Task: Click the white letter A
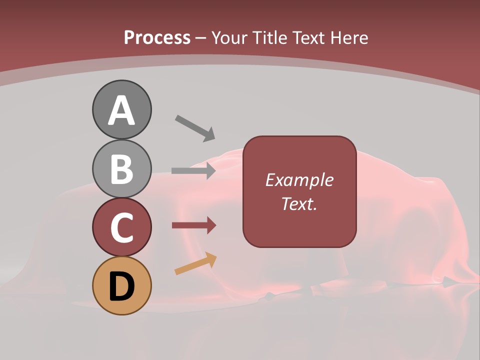pyautogui.click(x=121, y=110)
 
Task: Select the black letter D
pyautogui.click(x=121, y=286)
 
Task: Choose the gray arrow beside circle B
pyautogui.click(x=193, y=171)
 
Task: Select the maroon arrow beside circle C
pyautogui.click(x=193, y=225)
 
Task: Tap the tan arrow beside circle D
pyautogui.click(x=195, y=264)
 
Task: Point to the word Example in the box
pyautogui.click(x=299, y=180)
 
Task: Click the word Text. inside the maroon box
pyautogui.click(x=299, y=204)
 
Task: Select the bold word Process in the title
pyautogui.click(x=157, y=37)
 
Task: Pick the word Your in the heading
pyautogui.click(x=230, y=37)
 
